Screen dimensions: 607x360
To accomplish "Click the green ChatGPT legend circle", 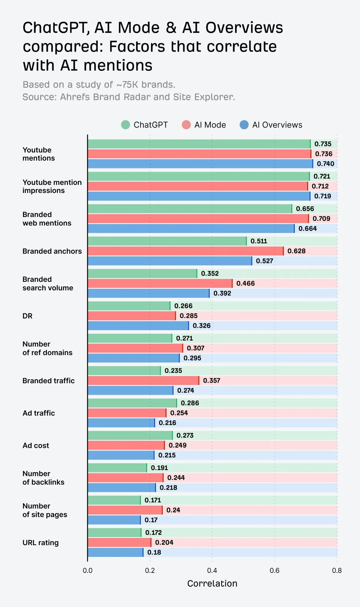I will (x=125, y=125).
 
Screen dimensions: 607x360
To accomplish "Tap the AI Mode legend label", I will (x=210, y=125).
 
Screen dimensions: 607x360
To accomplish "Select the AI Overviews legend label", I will (x=277, y=125).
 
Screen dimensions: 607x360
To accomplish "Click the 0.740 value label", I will (x=325, y=164).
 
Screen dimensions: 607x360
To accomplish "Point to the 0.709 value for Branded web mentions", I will (x=321, y=218).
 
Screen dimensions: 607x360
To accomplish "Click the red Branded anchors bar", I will (x=185, y=251).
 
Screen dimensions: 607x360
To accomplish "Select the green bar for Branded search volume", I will (x=142, y=274).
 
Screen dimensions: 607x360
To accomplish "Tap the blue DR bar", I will (x=138, y=326).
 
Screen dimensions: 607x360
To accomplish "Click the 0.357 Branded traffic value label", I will (x=211, y=381).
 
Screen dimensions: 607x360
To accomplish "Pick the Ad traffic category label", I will (x=39, y=413).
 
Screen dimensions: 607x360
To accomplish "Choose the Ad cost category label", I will (x=36, y=445).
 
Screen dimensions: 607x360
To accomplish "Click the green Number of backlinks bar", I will (x=117, y=468).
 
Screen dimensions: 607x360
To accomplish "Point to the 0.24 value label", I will (x=173, y=510).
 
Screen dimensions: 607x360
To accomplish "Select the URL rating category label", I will (x=41, y=543).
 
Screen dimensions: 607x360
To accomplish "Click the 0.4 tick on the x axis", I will (x=212, y=570).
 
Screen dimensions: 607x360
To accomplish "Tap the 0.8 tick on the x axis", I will (x=337, y=570).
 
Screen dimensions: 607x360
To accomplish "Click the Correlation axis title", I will (x=212, y=583).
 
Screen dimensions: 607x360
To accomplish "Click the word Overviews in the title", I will (x=244, y=28).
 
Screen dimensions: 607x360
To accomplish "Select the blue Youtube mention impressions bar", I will (x=199, y=196).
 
